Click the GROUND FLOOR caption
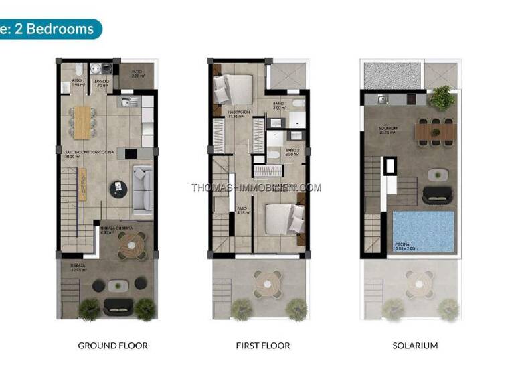[x=112, y=346]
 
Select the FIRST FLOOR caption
[x=263, y=346]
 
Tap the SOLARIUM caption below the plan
[x=415, y=346]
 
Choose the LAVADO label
[x=101, y=83]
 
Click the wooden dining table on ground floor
[x=82, y=123]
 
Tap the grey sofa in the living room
[x=142, y=189]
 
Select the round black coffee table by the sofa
[x=118, y=186]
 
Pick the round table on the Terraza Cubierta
[x=132, y=246]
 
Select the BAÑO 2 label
[x=292, y=152]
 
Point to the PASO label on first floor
[x=242, y=210]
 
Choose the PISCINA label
[x=408, y=246]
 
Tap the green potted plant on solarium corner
[x=442, y=98]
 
